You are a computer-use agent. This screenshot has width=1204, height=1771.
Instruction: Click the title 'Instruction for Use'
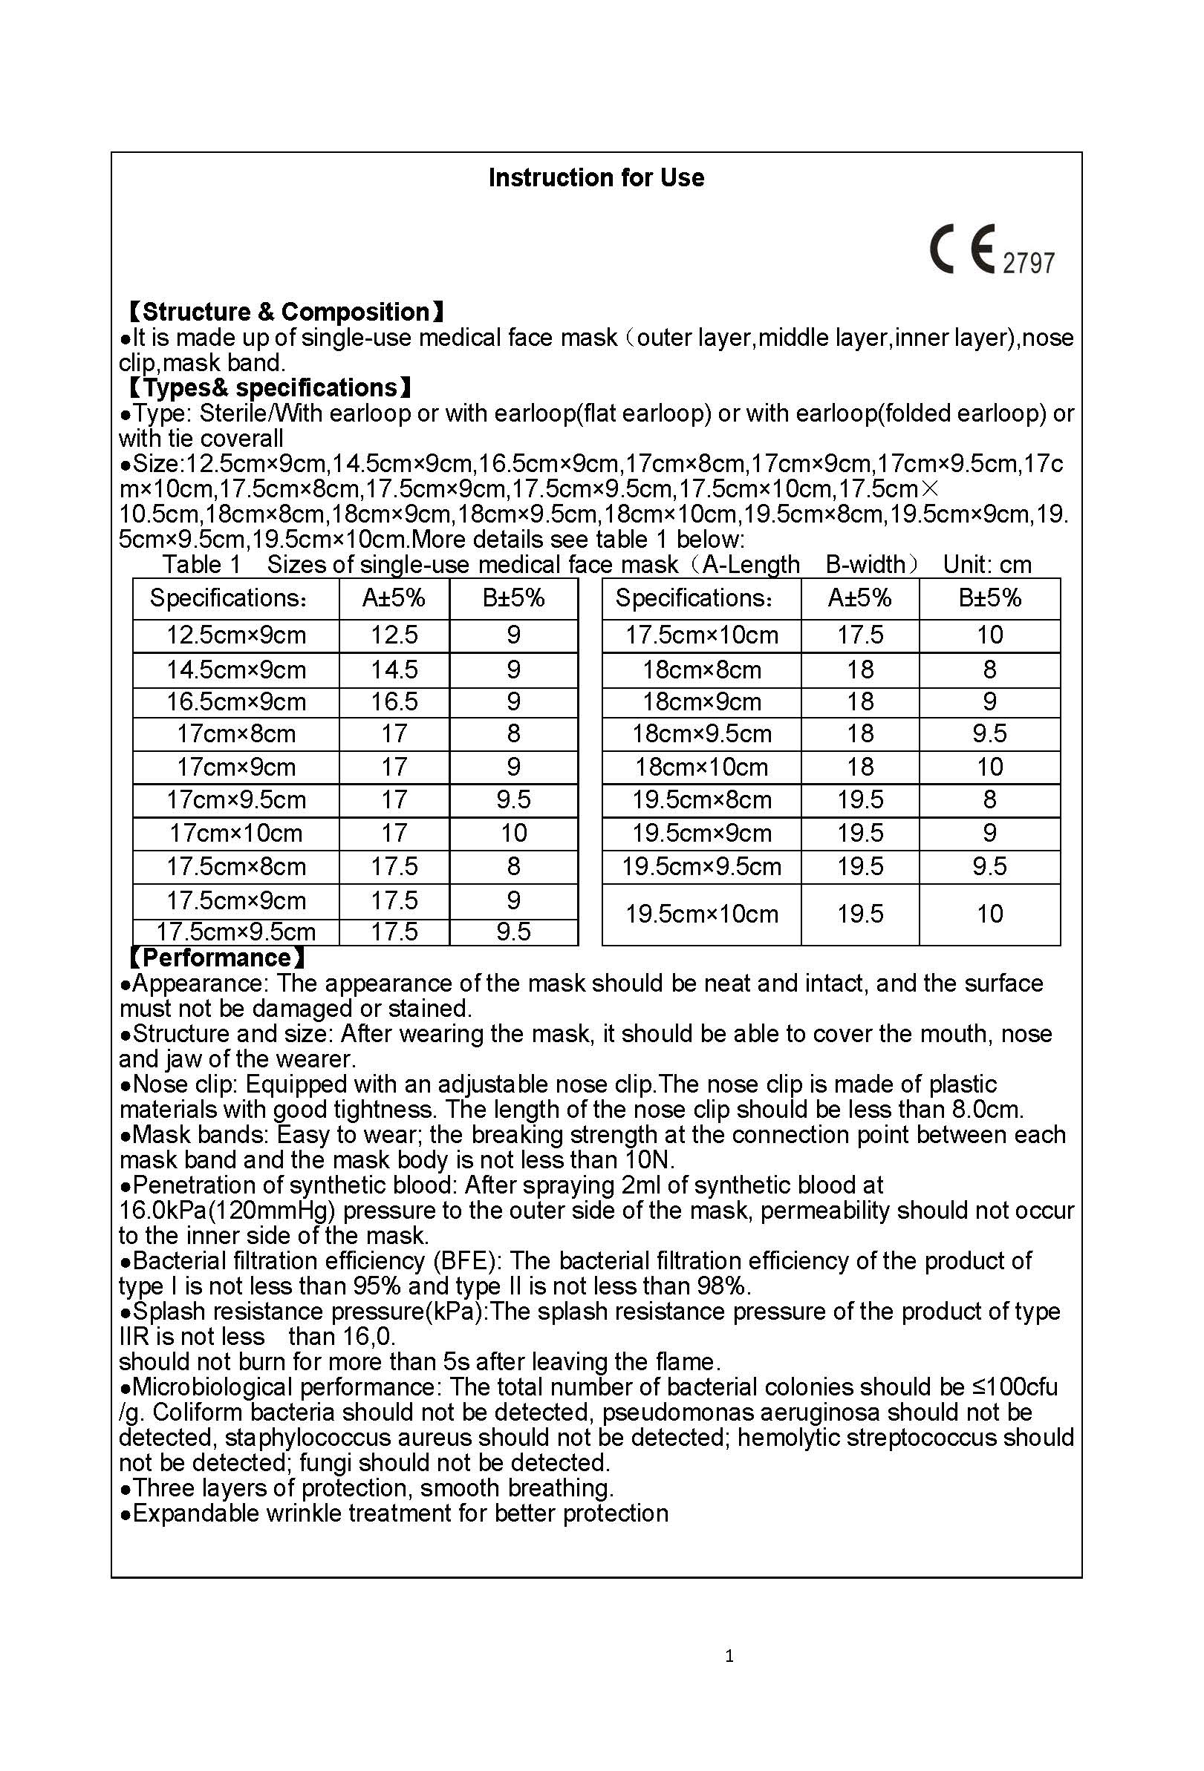pos(596,177)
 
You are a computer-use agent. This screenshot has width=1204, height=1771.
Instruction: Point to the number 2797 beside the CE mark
pos(1028,263)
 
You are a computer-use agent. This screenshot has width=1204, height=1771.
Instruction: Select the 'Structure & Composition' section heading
pos(285,312)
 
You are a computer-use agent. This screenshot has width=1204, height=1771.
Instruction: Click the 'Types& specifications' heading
pos(269,388)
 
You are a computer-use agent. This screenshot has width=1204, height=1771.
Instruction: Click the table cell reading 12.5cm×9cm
pos(235,635)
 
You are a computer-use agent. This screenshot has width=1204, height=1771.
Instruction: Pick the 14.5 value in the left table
pos(394,670)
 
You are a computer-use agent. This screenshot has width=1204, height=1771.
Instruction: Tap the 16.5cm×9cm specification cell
pos(235,702)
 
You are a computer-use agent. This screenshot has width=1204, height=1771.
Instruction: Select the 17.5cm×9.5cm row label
pos(235,932)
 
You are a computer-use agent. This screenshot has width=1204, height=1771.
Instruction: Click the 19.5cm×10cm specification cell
pos(701,914)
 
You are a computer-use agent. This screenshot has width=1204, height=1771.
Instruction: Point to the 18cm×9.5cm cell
pos(701,734)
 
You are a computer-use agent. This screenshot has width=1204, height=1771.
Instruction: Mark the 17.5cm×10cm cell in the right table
pos(701,635)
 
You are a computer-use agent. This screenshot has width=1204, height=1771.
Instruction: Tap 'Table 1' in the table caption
pos(201,565)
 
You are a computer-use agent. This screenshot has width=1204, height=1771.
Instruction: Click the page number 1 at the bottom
pos(729,1655)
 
